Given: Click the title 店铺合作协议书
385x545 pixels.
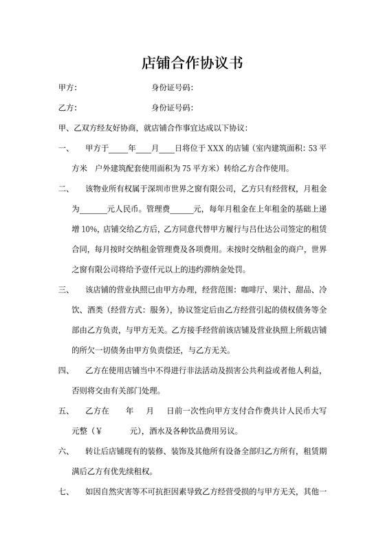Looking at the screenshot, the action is (x=192, y=64).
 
